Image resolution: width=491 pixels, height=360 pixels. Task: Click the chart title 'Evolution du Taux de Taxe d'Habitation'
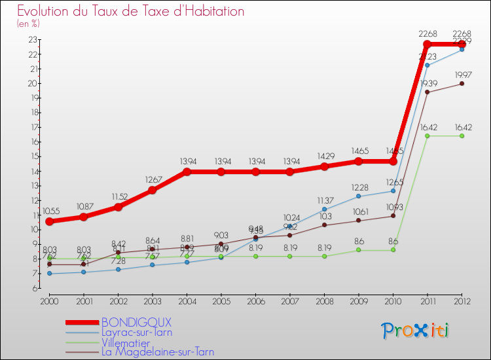131,11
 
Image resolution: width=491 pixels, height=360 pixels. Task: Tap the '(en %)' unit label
28,24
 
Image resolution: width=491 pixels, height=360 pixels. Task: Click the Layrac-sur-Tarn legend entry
137,332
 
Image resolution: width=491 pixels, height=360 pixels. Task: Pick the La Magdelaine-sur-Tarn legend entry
157,351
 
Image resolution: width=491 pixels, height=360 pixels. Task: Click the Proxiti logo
416,331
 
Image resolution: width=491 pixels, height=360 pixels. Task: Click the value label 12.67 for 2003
152,180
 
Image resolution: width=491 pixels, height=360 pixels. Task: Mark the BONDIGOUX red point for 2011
427,45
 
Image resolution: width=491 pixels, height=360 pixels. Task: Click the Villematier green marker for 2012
462,135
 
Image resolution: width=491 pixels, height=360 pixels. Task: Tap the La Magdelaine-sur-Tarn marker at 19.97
462,84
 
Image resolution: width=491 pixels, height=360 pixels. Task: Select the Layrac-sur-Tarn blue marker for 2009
358,196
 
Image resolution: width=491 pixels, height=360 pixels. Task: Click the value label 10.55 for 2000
50,211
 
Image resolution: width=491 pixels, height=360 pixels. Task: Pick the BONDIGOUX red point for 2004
187,171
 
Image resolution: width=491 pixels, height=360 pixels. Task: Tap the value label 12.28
358,187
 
